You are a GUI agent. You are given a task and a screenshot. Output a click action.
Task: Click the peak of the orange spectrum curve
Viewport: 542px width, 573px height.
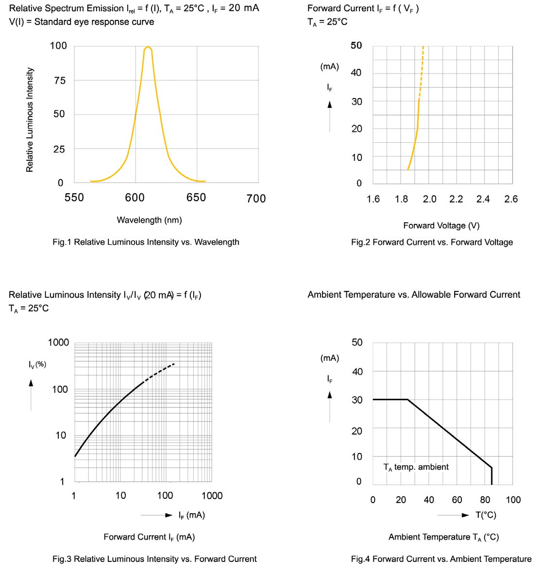(148, 47)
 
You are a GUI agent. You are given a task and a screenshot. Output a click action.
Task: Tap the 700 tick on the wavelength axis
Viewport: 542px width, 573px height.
(256, 198)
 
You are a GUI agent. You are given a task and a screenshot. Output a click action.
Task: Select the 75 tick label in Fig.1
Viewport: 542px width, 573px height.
(59, 81)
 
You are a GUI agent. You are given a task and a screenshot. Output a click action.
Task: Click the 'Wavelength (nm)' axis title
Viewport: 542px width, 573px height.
(149, 220)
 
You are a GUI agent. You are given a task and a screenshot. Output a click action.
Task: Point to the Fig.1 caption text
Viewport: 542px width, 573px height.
(146, 242)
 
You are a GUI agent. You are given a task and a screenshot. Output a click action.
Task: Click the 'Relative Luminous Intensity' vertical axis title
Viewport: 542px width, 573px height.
(30, 119)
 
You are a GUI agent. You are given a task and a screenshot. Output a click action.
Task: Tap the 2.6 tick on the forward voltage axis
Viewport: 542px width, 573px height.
(511, 199)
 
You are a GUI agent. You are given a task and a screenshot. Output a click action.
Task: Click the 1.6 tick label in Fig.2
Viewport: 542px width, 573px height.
(373, 199)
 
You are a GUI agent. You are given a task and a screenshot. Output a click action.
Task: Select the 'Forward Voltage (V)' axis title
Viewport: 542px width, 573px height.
(441, 225)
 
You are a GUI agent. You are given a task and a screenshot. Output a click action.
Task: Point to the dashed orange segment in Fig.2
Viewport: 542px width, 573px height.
(421, 73)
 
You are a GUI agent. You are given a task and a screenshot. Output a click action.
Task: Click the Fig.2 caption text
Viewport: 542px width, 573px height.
(432, 242)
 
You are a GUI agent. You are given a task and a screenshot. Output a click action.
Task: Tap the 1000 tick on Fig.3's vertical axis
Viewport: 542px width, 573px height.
(58, 342)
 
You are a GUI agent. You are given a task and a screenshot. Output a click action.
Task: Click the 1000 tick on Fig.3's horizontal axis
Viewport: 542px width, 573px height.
(212, 495)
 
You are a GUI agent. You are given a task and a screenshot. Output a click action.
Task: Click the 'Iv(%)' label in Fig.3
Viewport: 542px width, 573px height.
(37, 364)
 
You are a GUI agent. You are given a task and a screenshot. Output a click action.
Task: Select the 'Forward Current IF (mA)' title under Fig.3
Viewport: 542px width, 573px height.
(149, 537)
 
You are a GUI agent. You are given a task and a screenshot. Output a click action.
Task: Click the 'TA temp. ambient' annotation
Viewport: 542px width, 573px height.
(416, 467)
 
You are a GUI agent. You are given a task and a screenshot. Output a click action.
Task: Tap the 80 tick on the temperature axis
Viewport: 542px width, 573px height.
(485, 500)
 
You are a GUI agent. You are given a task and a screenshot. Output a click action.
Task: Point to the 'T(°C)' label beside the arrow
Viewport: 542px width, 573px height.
(486, 515)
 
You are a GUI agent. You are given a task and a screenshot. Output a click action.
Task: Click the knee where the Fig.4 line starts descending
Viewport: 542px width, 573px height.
(407, 400)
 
